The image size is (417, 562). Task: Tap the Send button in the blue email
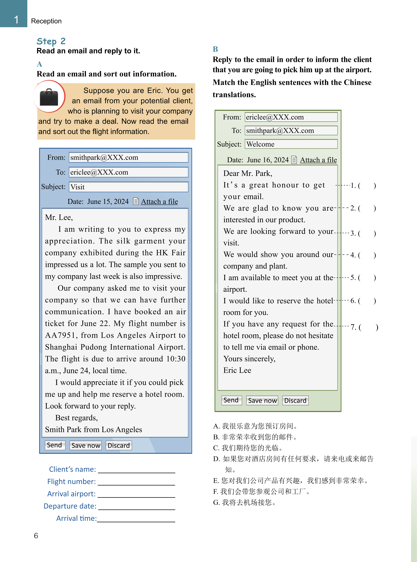(x=55, y=445)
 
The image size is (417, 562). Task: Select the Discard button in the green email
(x=295, y=400)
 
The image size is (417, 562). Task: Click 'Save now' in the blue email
(x=86, y=445)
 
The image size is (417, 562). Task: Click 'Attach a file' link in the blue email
(x=159, y=201)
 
